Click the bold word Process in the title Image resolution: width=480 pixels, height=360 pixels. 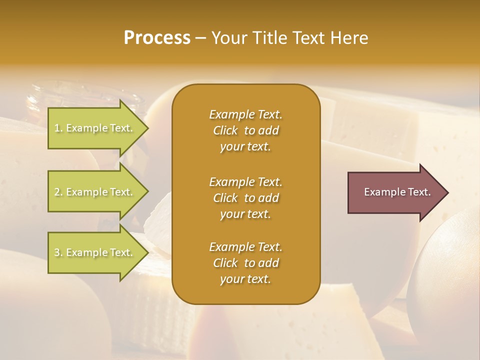[x=157, y=38]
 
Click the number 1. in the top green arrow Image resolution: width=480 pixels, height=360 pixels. [x=58, y=128]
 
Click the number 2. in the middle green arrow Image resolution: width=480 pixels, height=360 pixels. [x=58, y=192]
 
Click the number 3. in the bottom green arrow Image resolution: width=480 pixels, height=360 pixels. [x=58, y=252]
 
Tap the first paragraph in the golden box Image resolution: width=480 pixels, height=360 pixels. [x=245, y=130]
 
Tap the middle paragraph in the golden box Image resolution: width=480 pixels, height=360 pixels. [x=245, y=197]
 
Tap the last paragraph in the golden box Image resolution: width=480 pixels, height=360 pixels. [x=245, y=263]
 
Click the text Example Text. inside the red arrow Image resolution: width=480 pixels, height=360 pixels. [x=397, y=192]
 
